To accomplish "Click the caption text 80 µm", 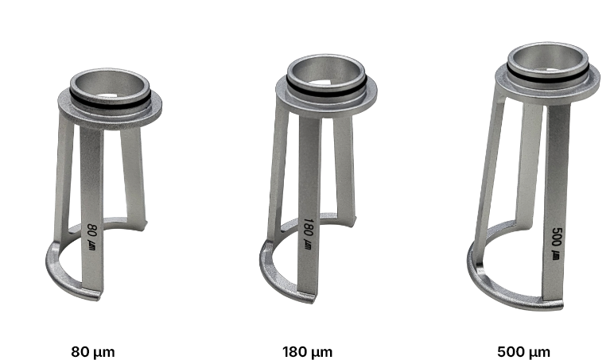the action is pyautogui.click(x=93, y=352).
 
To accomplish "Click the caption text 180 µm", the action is pyautogui.click(x=307, y=352).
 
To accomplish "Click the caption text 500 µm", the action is pyautogui.click(x=523, y=352).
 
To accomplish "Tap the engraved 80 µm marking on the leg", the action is pyautogui.click(x=91, y=237).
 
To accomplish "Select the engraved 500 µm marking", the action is pyautogui.click(x=556, y=243).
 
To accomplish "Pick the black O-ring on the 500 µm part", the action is pyautogui.click(x=547, y=76).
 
